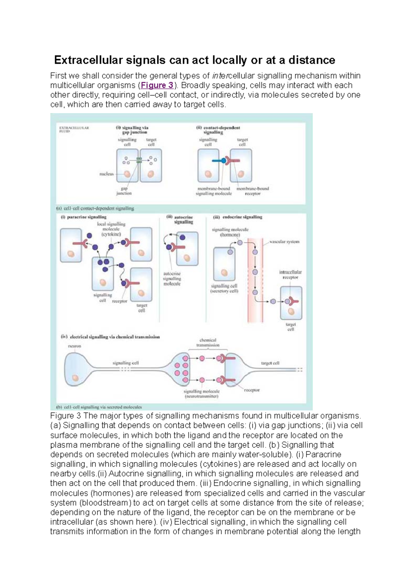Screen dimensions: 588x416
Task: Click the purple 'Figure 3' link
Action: pos(157,86)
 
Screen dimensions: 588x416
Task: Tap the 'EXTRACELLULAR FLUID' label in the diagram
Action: pos(74,130)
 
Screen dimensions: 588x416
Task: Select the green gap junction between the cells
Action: pos(139,160)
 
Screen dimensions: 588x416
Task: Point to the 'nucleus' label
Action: pos(106,174)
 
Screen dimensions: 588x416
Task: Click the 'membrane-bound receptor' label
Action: pos(252,191)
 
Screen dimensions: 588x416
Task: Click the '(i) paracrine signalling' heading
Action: pos(84,217)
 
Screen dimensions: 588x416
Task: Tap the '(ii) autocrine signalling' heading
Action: pos(180,220)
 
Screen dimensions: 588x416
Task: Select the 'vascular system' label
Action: pos(284,242)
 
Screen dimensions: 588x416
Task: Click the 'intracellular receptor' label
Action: pos(291,275)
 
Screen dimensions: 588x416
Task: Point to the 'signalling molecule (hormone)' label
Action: pos(230,232)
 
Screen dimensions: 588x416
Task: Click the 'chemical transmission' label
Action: pos(208,342)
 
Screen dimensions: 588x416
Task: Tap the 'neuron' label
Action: pos(75,346)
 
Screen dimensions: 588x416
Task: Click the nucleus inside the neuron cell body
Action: pos(75,378)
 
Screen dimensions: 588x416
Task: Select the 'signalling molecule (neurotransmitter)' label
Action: pos(201,394)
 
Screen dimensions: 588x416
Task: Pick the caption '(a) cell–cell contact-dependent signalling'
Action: pos(95,208)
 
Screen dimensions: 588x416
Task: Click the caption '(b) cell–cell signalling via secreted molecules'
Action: pos(99,407)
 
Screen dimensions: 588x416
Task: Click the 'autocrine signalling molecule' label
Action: pos(172,279)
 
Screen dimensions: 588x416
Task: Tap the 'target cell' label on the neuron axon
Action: pos(270,363)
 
